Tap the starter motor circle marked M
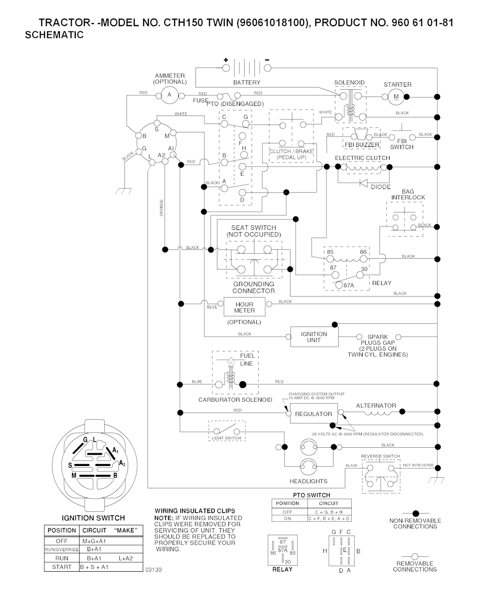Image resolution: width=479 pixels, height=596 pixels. [396, 97]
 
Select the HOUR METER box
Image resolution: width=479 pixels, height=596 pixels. [244, 307]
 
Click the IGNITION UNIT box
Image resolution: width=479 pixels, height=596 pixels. [314, 337]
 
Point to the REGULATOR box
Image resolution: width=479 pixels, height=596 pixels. [313, 414]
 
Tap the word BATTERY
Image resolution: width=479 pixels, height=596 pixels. [247, 83]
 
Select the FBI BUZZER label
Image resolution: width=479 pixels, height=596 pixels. [365, 145]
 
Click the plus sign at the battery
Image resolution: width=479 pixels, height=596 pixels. [225, 60]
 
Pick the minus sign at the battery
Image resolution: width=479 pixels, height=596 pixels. [267, 60]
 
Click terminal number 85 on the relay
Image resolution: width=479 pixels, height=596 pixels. [330, 252]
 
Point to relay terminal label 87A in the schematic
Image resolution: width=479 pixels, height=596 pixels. [348, 285]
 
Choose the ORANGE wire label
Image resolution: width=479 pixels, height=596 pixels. [161, 209]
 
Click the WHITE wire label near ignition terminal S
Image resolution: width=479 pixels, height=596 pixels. [181, 114]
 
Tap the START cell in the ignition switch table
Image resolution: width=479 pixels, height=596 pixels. [62, 567]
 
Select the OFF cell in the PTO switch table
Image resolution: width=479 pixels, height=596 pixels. [287, 512]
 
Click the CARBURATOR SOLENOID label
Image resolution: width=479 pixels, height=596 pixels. [235, 400]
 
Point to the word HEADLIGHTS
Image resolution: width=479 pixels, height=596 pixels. [308, 481]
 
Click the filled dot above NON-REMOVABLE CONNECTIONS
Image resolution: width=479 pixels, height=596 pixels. [415, 513]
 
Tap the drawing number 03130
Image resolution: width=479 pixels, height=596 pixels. [153, 570]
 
